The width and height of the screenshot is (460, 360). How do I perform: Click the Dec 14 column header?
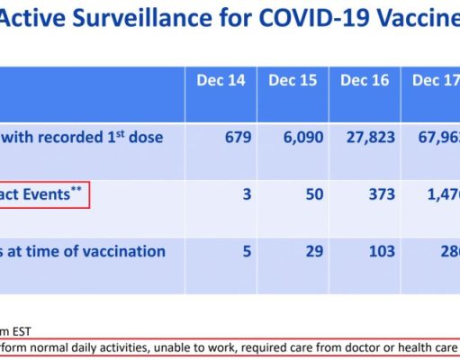[221, 80]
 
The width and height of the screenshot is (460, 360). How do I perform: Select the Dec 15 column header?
[293, 80]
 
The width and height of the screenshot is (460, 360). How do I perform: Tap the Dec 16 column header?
[365, 80]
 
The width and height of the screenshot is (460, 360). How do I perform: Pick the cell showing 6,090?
[298, 138]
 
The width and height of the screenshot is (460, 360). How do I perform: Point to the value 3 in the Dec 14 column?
[246, 194]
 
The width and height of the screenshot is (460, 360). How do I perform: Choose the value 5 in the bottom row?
[246, 251]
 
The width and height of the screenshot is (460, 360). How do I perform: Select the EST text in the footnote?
[17, 331]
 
